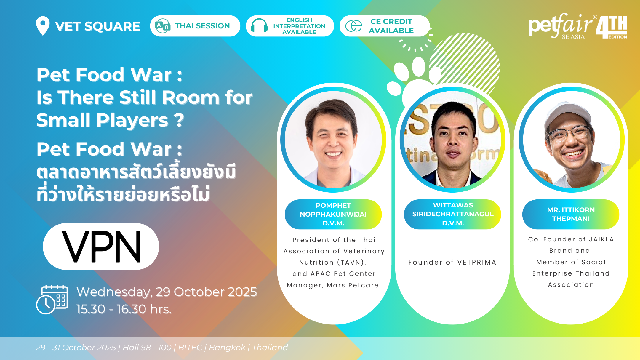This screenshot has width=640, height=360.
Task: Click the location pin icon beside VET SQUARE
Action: pyautogui.click(x=43, y=25)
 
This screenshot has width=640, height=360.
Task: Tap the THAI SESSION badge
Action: pyautogui.click(x=195, y=26)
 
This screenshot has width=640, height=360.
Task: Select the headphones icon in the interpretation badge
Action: pyautogui.click(x=259, y=26)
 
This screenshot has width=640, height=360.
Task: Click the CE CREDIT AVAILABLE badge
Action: pyautogui.click(x=384, y=26)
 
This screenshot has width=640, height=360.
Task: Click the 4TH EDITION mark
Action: pyautogui.click(x=612, y=27)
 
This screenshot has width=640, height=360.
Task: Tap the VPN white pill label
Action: pyautogui.click(x=101, y=246)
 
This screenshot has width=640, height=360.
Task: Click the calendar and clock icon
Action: pyautogui.click(x=52, y=299)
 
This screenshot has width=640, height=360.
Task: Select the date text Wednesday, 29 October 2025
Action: pyautogui.click(x=167, y=292)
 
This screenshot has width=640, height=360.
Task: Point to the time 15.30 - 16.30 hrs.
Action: pyautogui.click(x=124, y=309)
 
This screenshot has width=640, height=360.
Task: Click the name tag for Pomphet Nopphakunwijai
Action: pyautogui.click(x=333, y=214)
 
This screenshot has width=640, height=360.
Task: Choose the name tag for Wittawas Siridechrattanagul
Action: pyautogui.click(x=453, y=214)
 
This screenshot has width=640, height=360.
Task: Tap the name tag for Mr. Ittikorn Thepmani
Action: pyautogui.click(x=571, y=214)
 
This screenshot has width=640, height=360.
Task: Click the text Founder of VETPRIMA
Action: pyautogui.click(x=452, y=262)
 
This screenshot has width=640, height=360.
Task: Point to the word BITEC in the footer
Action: pyautogui.click(x=190, y=347)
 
